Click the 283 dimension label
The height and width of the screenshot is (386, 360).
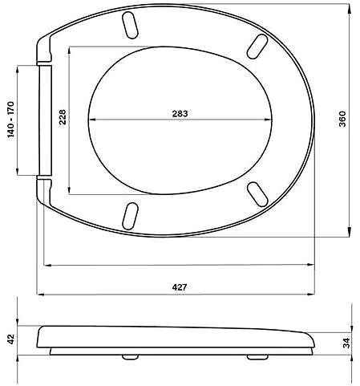click(180, 114)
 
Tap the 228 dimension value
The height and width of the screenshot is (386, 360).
click(63, 117)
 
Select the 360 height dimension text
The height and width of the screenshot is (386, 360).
click(342, 119)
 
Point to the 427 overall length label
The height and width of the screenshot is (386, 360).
click(180, 287)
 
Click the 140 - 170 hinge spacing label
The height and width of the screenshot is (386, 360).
click(10, 120)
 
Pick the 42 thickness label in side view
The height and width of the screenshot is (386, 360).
click(10, 339)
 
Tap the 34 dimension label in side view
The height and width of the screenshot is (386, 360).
click(346, 343)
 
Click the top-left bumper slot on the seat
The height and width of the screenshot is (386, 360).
click(130, 25)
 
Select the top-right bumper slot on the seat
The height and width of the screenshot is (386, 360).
click(257, 47)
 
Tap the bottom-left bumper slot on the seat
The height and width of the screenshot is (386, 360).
click(130, 216)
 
